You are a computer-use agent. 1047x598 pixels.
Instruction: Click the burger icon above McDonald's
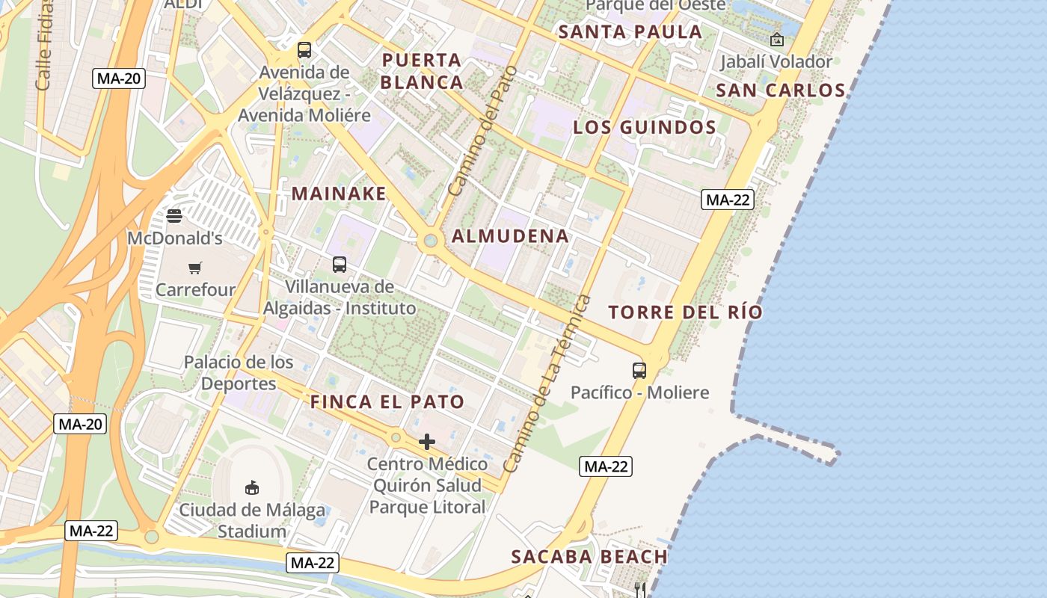(174, 217)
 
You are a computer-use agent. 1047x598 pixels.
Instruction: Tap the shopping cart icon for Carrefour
(195, 268)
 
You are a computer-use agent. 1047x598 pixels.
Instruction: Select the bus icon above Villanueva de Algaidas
(340, 264)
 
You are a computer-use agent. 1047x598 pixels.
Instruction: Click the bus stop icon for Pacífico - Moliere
(639, 370)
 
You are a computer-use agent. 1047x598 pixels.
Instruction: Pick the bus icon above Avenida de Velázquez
(304, 50)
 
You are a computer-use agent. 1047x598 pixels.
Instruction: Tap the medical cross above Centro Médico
(427, 442)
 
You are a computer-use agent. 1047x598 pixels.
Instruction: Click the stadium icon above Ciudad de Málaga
(252, 487)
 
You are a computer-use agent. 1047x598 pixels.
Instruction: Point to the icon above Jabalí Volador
(777, 40)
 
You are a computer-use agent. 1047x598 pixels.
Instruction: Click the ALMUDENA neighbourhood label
(510, 236)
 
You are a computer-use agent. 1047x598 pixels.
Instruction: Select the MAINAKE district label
(339, 194)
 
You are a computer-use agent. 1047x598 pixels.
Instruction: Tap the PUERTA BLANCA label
(423, 71)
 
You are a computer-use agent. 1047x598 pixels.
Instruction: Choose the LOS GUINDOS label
(645, 127)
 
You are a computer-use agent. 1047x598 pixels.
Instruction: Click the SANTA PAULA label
(630, 32)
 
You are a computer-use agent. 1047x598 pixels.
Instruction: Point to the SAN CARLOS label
(780, 90)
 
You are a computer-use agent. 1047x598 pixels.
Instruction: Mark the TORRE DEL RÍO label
(685, 312)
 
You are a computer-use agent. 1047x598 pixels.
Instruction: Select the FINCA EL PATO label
(387, 401)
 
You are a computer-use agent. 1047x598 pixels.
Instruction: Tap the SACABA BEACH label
(589, 557)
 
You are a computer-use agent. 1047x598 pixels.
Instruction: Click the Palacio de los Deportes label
(239, 372)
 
